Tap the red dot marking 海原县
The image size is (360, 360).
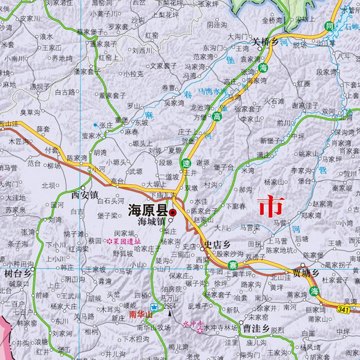pyautogui.click(x=173, y=211)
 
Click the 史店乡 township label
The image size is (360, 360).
pyautogui.click(x=217, y=244)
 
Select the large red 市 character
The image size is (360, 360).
pyautogui.click(x=270, y=206)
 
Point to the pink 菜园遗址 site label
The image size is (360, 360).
pyautogui.click(x=123, y=241)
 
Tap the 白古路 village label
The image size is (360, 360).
pyautogui.click(x=64, y=91)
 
